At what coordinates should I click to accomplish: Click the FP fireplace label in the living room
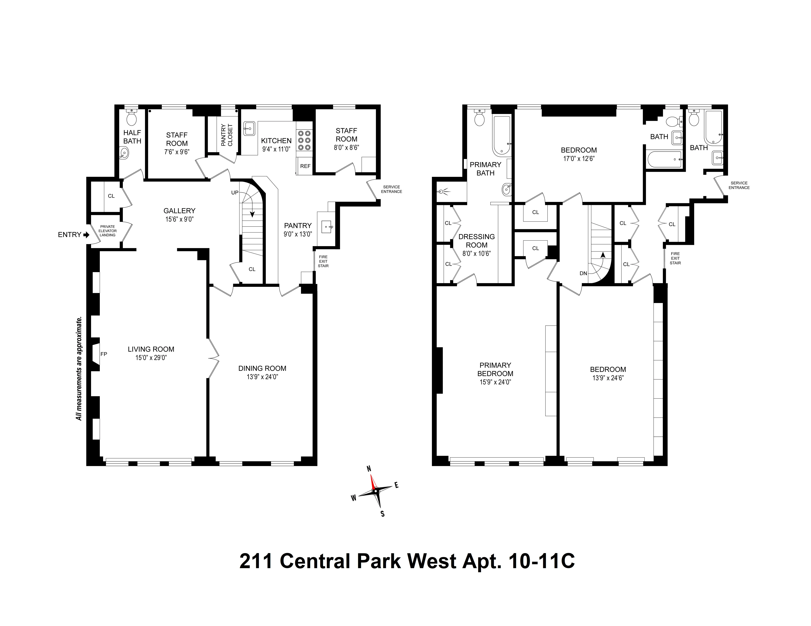click(x=104, y=354)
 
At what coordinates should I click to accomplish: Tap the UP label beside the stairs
click(x=235, y=193)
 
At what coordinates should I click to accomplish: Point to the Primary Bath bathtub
click(x=501, y=135)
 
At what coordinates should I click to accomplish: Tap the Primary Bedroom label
click(x=495, y=369)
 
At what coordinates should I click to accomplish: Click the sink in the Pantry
click(x=327, y=226)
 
